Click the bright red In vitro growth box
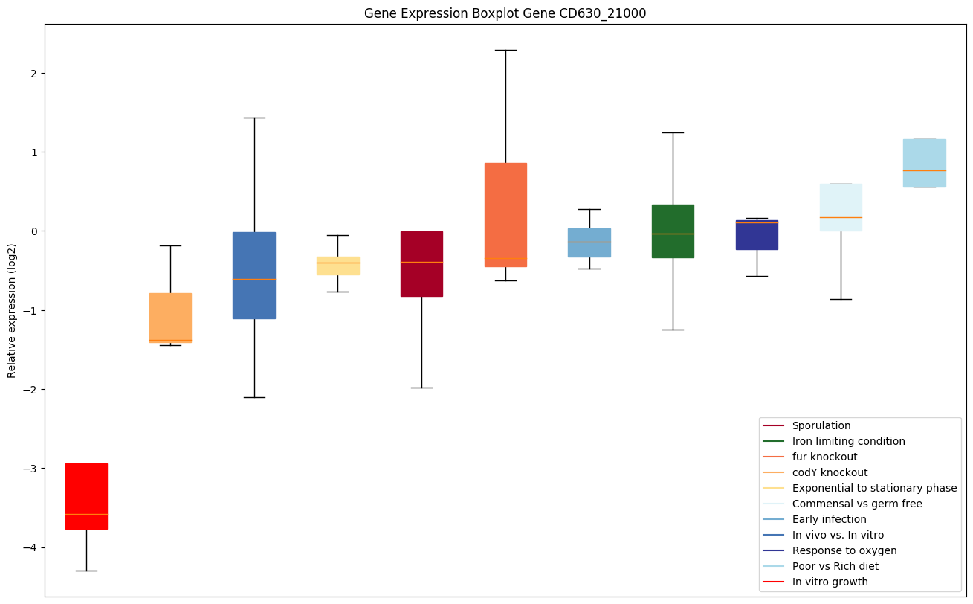click(x=86, y=496)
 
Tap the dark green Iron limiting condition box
click(x=673, y=231)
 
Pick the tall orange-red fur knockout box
click(x=505, y=214)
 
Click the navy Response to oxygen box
click(x=757, y=235)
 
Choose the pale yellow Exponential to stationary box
click(x=338, y=266)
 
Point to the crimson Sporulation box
click(x=421, y=264)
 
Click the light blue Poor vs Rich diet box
click(x=924, y=163)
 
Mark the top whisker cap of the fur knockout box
click(x=505, y=50)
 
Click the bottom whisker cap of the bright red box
click(x=86, y=571)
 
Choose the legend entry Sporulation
click(x=821, y=425)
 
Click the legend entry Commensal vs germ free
click(x=856, y=504)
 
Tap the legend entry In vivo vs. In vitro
click(x=838, y=535)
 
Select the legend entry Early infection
click(x=829, y=519)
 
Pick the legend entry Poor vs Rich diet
click(x=835, y=566)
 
